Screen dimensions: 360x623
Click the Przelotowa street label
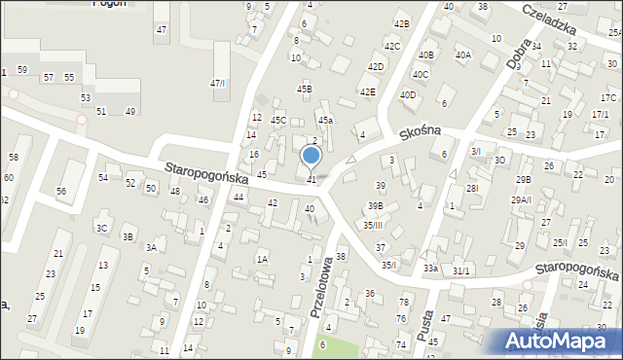317,287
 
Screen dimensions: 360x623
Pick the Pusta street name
424,318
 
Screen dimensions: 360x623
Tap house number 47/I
218,84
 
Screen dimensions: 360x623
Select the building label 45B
305,89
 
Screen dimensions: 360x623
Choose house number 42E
367,91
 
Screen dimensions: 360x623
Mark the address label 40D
408,94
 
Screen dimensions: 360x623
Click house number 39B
375,205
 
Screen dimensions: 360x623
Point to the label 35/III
374,225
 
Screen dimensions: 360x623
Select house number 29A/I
522,199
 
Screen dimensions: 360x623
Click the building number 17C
608,98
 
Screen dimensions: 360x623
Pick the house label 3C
101,228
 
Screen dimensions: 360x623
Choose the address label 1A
262,259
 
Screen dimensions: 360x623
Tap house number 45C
278,120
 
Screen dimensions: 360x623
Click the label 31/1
461,270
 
